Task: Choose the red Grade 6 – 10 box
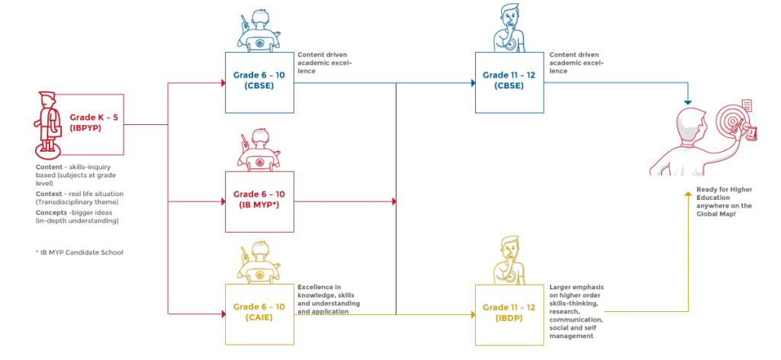click(259, 201)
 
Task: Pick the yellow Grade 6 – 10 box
click(259, 312)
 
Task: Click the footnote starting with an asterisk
click(79, 252)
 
